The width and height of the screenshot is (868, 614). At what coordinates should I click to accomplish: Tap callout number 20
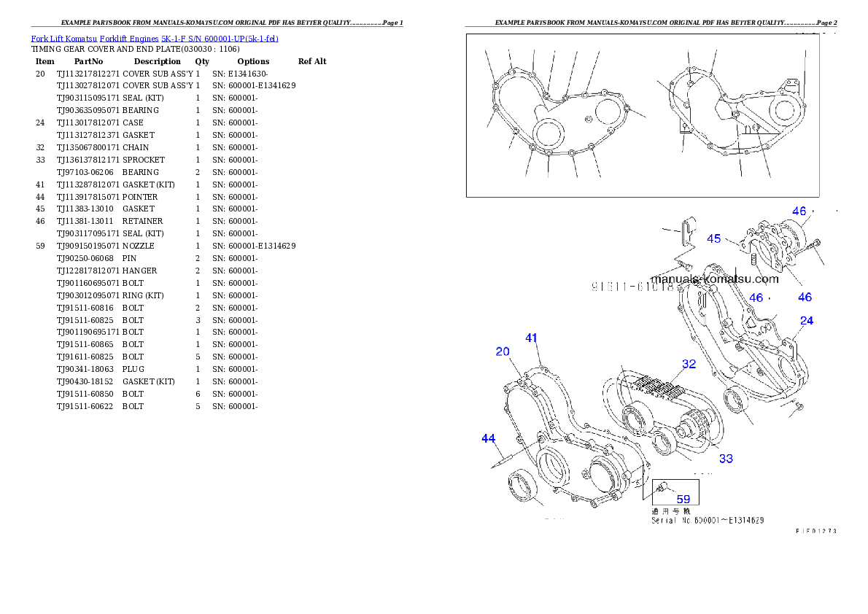(503, 351)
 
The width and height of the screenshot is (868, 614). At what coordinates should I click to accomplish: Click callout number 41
(532, 338)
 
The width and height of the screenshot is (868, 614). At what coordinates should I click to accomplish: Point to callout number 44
(489, 438)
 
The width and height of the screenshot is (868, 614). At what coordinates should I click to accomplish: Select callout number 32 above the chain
(689, 364)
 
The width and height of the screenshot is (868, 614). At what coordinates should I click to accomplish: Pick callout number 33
(726, 459)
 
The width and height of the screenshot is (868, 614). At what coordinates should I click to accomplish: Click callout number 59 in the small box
(683, 500)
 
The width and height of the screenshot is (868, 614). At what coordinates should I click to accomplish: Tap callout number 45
(714, 238)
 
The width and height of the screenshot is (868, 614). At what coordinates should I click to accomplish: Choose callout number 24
(807, 320)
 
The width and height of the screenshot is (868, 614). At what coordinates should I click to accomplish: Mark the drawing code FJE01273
(815, 531)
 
